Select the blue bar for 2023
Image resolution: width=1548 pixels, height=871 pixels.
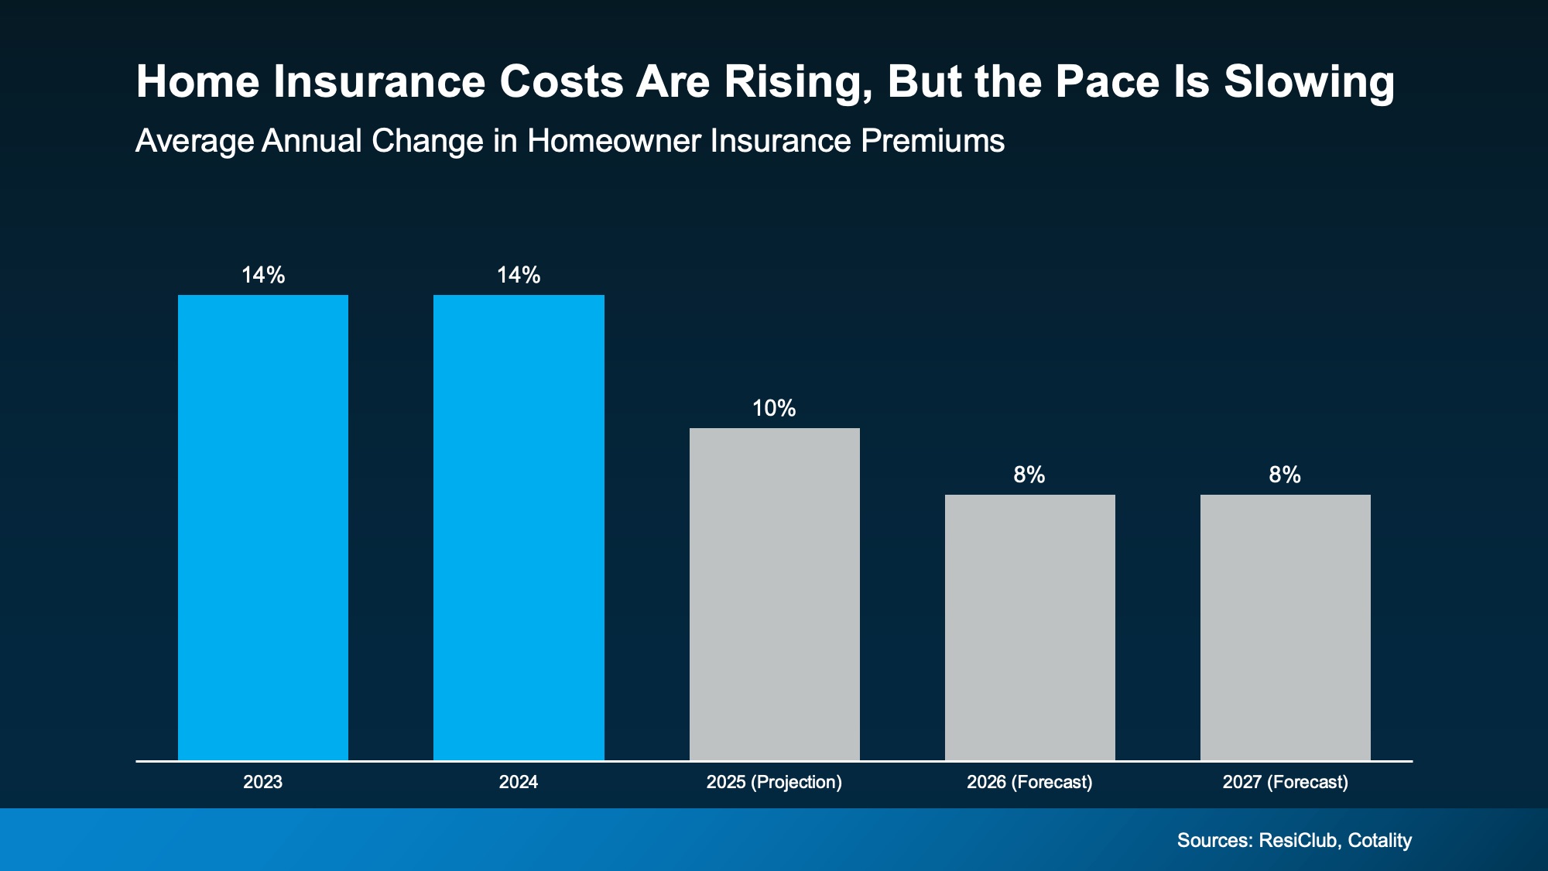[x=263, y=526]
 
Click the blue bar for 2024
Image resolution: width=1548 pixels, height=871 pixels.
[x=519, y=526]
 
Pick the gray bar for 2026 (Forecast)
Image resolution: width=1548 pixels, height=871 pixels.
[x=1029, y=627]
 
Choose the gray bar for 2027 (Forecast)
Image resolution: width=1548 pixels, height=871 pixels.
[x=1285, y=627]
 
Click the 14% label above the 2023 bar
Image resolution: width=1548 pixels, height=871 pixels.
[x=263, y=276]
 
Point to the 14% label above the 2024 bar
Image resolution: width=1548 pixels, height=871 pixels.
[x=519, y=276]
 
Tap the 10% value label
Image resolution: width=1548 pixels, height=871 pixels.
[x=774, y=409]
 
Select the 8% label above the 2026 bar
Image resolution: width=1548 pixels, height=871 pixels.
[x=1029, y=475]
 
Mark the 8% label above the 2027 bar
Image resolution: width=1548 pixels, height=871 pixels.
[x=1285, y=475]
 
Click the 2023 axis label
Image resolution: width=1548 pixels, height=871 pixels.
[x=263, y=782]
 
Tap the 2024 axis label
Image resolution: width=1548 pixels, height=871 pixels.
[x=519, y=782]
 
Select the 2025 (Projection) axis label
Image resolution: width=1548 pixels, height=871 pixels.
[x=774, y=782]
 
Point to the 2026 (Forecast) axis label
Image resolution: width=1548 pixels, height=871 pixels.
[x=1029, y=782]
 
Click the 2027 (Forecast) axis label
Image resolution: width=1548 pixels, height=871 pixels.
[x=1285, y=782]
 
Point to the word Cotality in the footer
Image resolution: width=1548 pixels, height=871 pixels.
[x=1379, y=840]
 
